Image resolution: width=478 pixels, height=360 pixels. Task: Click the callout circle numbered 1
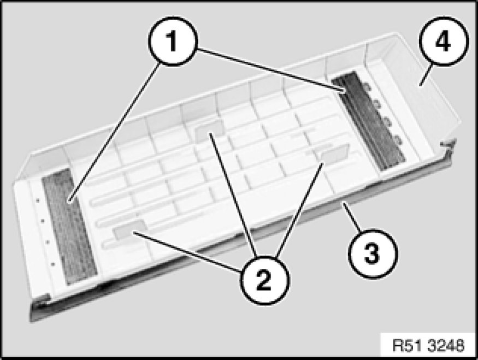(x=173, y=41)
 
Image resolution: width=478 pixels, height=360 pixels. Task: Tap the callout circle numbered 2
(x=264, y=280)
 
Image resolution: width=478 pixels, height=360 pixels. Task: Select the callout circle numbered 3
(x=373, y=253)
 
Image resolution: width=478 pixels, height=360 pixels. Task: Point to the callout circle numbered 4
(x=444, y=41)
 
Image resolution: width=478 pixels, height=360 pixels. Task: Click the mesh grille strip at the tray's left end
(x=69, y=227)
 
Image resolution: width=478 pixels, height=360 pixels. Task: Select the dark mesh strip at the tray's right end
(x=368, y=120)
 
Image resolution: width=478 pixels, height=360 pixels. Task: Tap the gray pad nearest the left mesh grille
(x=129, y=229)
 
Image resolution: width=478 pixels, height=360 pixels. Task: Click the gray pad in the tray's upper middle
(x=209, y=131)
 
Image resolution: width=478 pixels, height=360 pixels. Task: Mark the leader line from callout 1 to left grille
(x=115, y=132)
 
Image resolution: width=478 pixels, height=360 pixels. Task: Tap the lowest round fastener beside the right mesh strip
(x=398, y=140)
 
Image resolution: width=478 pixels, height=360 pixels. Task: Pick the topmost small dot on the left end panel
(x=38, y=200)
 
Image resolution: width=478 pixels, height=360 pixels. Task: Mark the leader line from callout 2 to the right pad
(x=299, y=210)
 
